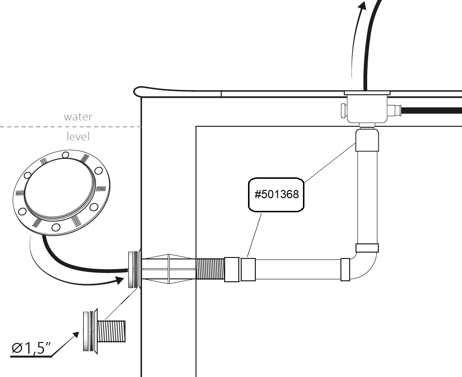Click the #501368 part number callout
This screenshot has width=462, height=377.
(276, 195)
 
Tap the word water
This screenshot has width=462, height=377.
(78, 117)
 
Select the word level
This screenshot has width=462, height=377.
(78, 137)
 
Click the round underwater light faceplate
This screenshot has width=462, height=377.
(59, 192)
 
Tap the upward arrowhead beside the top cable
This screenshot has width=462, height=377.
(361, 6)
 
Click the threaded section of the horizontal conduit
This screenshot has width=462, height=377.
(211, 269)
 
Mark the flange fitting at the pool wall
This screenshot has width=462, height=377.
(133, 269)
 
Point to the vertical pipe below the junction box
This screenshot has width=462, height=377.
(367, 199)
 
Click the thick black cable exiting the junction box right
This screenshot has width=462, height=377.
(433, 111)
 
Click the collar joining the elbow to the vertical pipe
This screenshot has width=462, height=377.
(367, 248)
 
